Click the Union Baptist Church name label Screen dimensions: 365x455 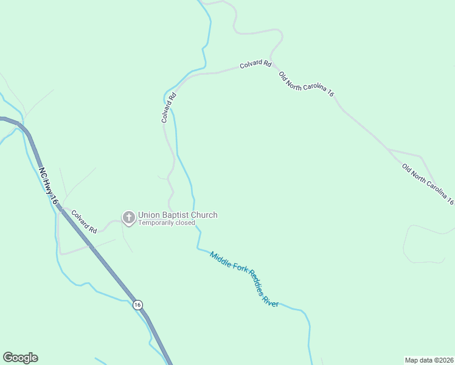[178, 215]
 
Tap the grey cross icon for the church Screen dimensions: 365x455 [128, 217]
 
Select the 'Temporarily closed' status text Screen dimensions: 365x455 [167, 223]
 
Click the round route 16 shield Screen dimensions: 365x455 [138, 305]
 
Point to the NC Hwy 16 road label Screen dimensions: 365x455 [49, 186]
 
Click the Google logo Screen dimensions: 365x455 [21, 358]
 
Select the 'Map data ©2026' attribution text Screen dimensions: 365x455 [429, 360]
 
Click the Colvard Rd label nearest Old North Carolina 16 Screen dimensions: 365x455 [255, 63]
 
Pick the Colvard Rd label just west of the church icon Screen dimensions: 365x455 [84, 222]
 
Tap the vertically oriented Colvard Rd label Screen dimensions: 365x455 [168, 108]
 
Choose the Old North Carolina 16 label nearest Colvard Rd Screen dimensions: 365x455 [306, 84]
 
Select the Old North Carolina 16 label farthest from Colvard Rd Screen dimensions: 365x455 [428, 183]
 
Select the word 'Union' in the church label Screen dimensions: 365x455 [148, 215]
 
